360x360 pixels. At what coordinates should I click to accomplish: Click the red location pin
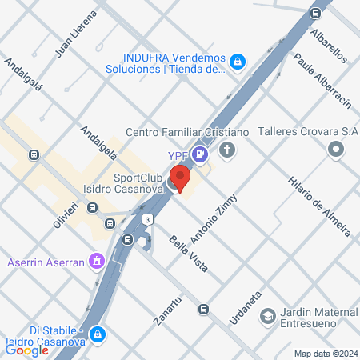point(182,178)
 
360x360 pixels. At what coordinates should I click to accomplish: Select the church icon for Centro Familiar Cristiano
point(228,150)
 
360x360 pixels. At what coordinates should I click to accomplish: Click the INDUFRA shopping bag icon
point(238,61)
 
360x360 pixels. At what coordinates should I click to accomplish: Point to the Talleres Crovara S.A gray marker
point(337,149)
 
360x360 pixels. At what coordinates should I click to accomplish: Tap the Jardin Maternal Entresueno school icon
point(265,318)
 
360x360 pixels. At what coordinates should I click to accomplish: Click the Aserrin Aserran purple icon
point(96,260)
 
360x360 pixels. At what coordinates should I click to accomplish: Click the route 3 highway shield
point(148,219)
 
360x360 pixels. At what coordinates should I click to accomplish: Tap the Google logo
point(27,349)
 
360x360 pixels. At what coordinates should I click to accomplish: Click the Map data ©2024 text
point(325,353)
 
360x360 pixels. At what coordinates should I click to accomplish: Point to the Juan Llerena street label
point(75,35)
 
